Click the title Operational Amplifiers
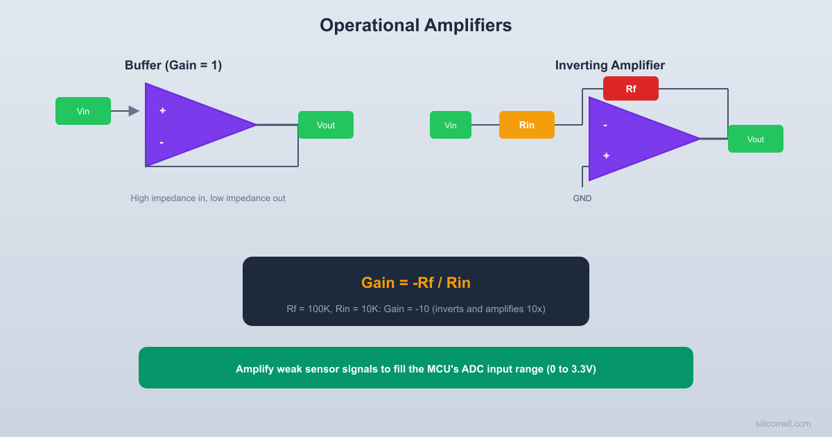415,26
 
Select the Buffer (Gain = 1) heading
173,65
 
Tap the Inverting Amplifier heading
609,65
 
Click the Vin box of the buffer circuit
83,111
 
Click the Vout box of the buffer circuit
326,125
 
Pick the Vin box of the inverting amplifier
451,125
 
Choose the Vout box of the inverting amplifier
756,139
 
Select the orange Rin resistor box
527,125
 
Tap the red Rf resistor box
631,89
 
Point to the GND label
582,198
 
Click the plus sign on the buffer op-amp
162,110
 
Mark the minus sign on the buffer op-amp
162,142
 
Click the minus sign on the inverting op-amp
605,125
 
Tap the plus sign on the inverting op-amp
606,155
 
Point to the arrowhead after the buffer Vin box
134,111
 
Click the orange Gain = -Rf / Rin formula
415,283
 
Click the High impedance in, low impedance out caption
208,198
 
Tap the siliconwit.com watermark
783,423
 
